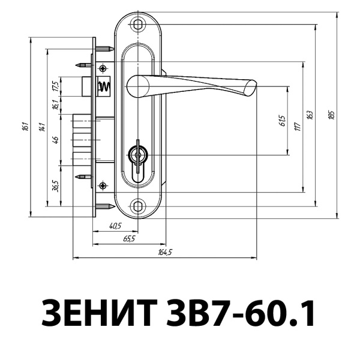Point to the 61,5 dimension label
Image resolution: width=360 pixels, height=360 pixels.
coord(281,121)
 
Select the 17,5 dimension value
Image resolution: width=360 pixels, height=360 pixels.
coord(55,86)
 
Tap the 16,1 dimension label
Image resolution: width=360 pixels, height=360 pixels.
coord(55,105)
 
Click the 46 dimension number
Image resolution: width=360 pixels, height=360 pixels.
coord(55,140)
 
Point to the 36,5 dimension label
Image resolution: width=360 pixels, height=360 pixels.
coord(55,185)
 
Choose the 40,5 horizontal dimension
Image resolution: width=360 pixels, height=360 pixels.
coord(115,226)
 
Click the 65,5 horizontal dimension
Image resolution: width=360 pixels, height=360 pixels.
coord(129,238)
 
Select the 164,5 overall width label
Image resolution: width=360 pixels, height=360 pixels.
coord(165,252)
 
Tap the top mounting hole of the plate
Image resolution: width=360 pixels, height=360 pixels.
coord(139,25)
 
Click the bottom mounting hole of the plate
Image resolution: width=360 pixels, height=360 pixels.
coord(139,206)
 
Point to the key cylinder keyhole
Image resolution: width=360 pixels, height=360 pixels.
coord(139,157)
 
